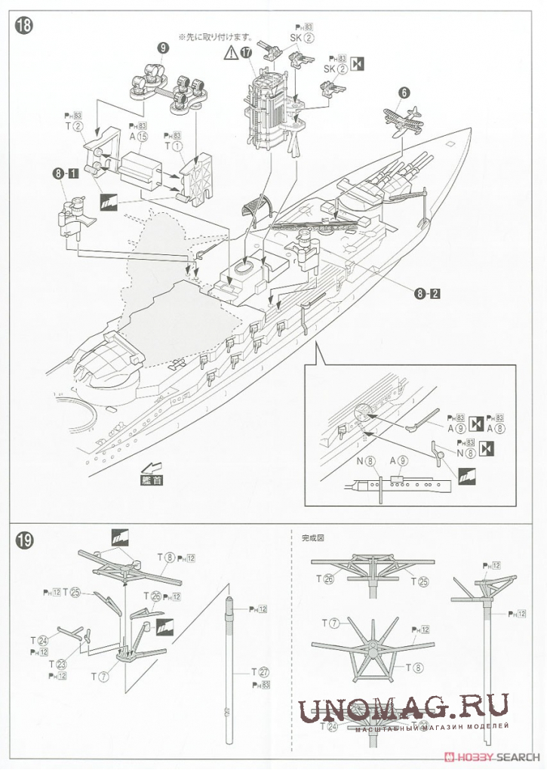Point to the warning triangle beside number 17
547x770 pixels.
230,53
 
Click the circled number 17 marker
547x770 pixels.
247,52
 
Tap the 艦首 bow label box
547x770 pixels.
151,480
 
